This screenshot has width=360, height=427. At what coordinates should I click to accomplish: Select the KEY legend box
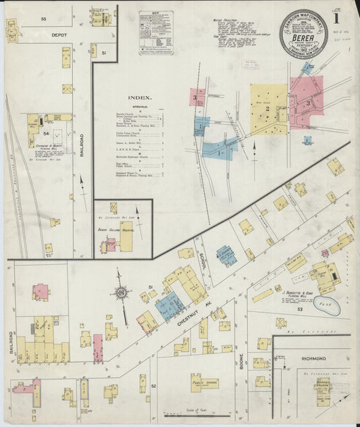156,32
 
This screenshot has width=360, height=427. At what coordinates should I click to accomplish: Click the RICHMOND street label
314,358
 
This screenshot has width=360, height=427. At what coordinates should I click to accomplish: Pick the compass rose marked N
122,293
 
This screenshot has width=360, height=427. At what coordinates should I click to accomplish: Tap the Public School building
205,382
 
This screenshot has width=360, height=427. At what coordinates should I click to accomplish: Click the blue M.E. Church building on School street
226,255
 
